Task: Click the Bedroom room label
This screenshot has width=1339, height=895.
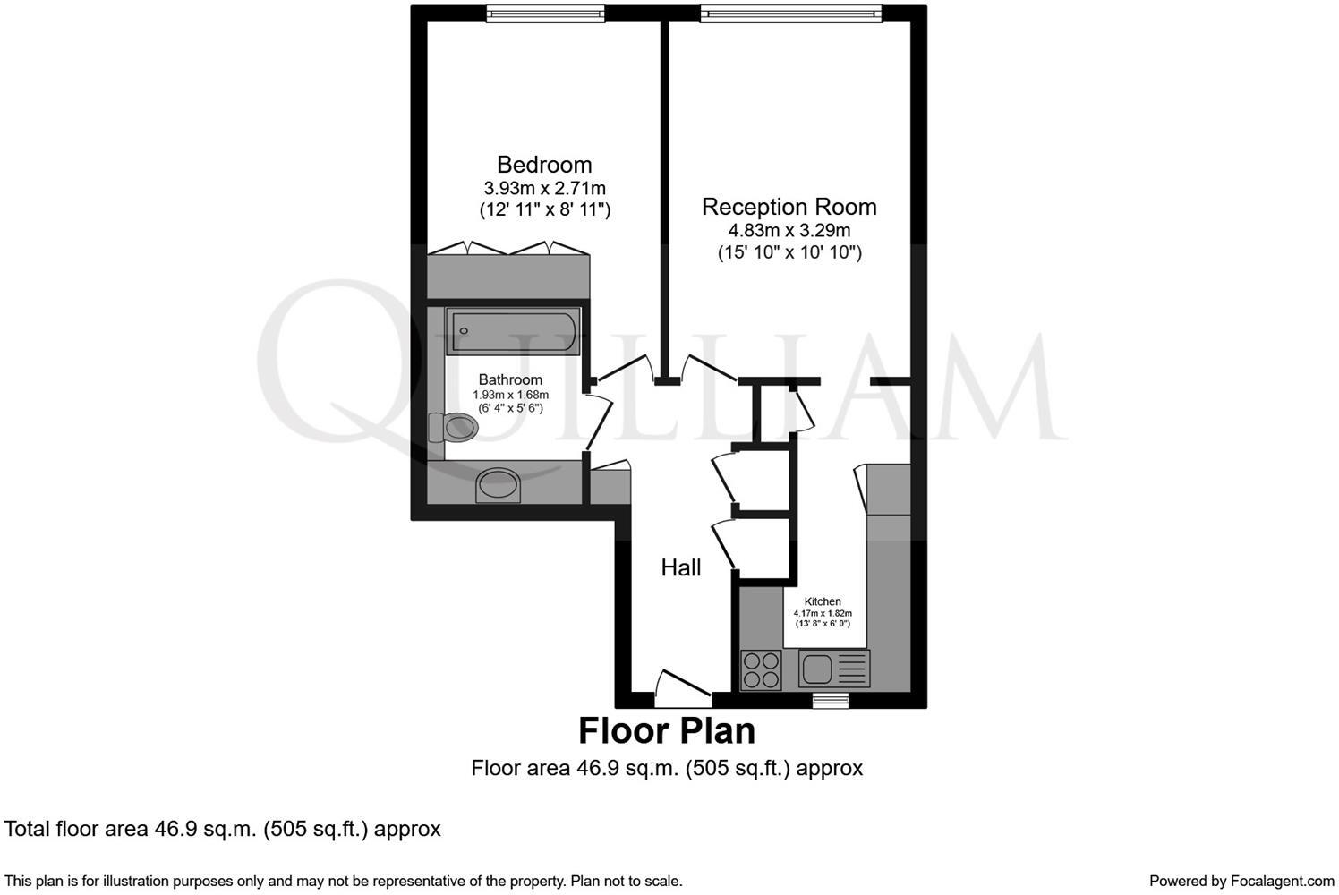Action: [x=544, y=165]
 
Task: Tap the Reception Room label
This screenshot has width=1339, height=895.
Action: [x=789, y=207]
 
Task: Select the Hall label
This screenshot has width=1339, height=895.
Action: [x=680, y=567]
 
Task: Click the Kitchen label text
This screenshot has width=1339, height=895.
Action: [x=823, y=601]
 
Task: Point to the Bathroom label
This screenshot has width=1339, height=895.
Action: [x=510, y=379]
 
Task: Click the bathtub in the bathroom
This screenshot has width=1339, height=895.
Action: [x=514, y=333]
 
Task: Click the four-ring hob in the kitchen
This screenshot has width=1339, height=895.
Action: [x=761, y=669]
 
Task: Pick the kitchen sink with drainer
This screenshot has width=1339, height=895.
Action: [x=834, y=669]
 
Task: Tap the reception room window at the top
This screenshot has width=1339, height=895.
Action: [x=790, y=13]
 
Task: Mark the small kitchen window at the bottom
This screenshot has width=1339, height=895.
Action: [x=830, y=700]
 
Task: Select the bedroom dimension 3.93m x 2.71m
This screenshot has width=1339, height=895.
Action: [x=544, y=189]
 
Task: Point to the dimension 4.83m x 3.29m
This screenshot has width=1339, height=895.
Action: [x=789, y=231]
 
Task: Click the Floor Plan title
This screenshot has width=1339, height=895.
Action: [x=667, y=730]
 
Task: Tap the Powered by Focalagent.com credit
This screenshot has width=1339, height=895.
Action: [x=1241, y=881]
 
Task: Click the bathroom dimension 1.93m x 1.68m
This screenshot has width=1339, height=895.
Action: [x=510, y=395]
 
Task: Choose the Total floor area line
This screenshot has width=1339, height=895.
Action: [x=223, y=829]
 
